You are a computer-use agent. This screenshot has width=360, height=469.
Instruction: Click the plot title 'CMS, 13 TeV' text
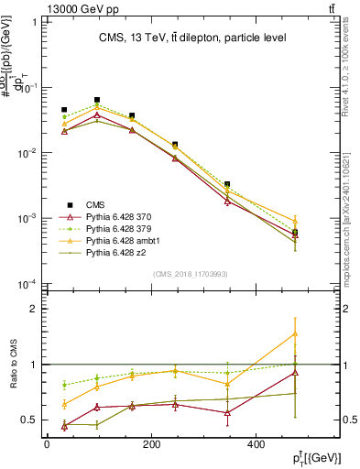pyautogui.click(x=192, y=38)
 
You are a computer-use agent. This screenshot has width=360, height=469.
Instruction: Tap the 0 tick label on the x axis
pyautogui.click(x=47, y=444)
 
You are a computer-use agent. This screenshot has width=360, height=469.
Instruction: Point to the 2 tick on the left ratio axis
pyautogui.click(x=33, y=309)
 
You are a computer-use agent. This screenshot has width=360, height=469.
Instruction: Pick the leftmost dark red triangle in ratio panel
pyautogui.click(x=64, y=425)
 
